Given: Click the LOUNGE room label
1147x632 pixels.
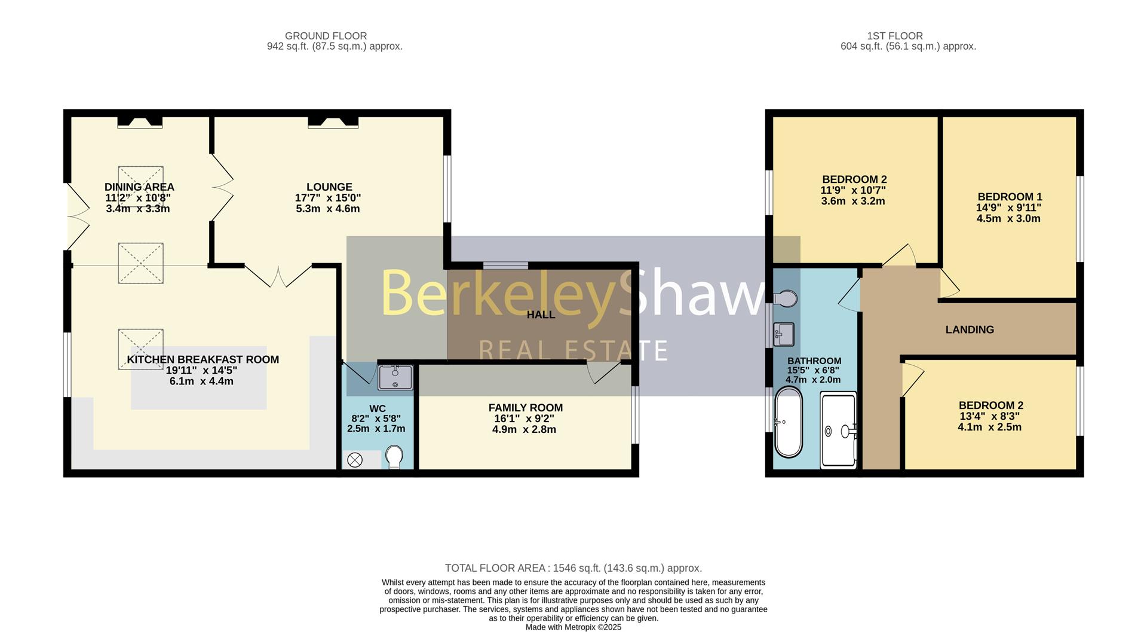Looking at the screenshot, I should click(x=329, y=187).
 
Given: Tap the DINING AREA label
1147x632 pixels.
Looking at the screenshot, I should click(x=139, y=187).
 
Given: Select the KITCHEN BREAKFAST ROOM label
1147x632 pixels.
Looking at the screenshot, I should click(x=203, y=359).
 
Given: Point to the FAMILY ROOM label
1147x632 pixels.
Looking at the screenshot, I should click(x=525, y=408).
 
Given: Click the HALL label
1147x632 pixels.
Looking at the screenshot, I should click(x=541, y=315).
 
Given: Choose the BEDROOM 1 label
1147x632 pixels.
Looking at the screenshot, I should click(x=1010, y=197).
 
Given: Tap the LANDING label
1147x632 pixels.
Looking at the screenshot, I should click(x=970, y=329).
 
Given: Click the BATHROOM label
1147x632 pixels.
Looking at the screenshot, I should click(x=814, y=361).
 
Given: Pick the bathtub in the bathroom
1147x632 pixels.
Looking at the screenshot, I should click(x=788, y=422).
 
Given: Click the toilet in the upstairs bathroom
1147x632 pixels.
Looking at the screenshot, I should click(x=786, y=298).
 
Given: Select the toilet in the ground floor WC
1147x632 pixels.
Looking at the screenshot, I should click(x=394, y=457).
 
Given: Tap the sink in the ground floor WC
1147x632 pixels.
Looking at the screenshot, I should click(x=395, y=377).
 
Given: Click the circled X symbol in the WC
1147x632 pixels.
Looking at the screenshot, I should click(x=355, y=460).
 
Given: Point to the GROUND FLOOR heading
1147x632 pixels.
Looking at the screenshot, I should click(x=326, y=36).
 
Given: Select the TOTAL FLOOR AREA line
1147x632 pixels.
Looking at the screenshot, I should click(x=573, y=568).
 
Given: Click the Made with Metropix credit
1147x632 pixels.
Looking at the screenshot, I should click(x=573, y=627).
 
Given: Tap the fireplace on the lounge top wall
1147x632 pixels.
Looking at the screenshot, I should click(x=333, y=122).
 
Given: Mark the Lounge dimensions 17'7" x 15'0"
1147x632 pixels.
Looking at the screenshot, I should click(x=328, y=198).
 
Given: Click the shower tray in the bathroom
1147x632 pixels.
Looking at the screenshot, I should click(x=839, y=429).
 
